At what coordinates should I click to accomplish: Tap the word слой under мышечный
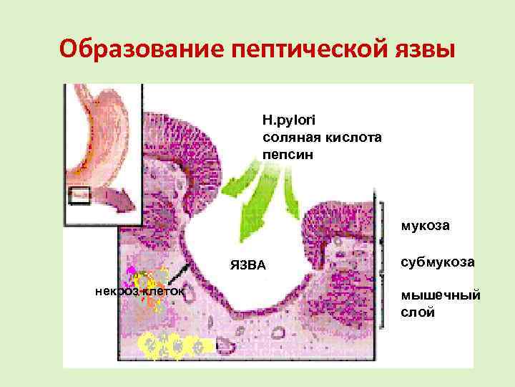(x=418, y=312)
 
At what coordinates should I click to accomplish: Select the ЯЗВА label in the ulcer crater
(x=248, y=267)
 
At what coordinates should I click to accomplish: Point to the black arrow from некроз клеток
(x=180, y=275)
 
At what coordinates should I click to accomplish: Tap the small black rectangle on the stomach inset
(x=79, y=195)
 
